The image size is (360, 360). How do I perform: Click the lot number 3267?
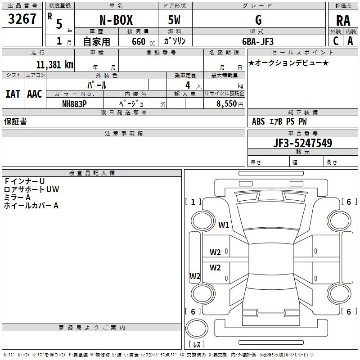click(x=22, y=19)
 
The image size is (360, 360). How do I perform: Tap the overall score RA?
click(x=343, y=21)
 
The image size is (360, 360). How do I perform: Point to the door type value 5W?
click(x=174, y=20)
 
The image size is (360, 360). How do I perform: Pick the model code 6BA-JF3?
click(x=257, y=41)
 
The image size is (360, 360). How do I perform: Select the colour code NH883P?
click(x=74, y=103)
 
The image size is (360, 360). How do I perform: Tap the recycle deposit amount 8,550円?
click(x=230, y=103)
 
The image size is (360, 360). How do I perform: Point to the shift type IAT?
click(x=13, y=94)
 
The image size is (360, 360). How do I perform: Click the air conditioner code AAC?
click(x=34, y=94)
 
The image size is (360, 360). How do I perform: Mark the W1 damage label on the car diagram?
click(x=224, y=224)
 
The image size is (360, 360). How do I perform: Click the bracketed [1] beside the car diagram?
click(x=193, y=202)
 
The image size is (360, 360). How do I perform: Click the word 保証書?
click(x=15, y=121)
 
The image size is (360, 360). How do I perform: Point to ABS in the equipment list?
click(x=258, y=121)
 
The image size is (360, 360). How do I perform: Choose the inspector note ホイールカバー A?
click(x=31, y=206)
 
